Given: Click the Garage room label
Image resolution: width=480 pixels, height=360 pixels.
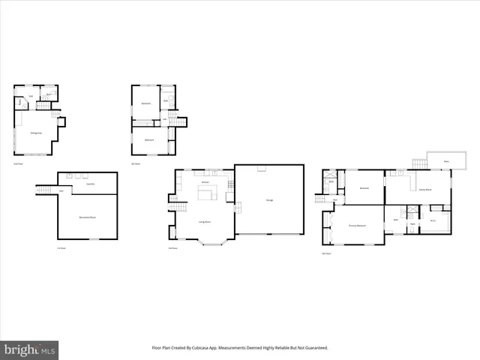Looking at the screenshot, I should tap(268, 199).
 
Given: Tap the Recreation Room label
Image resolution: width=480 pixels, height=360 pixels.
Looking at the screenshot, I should tap(88, 217).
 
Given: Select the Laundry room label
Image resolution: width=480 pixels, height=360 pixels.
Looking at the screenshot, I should tap(90, 184).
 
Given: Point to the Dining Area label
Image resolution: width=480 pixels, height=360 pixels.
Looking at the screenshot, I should tap(34, 133).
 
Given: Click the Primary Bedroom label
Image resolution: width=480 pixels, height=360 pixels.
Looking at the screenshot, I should tap(357, 225).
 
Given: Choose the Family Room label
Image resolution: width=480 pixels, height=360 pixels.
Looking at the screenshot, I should tap(422, 187).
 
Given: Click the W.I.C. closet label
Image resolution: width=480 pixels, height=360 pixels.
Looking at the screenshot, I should tap(433, 220).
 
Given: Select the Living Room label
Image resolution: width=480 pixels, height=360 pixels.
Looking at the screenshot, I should tap(204, 222).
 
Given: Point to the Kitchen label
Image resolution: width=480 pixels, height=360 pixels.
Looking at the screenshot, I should tap(205, 182).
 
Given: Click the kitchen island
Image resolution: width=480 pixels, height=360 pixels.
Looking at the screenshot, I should tap(207, 193).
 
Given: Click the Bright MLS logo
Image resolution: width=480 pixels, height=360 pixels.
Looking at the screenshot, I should tap(29, 349).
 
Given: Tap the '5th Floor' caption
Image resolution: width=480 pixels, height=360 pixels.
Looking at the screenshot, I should tap(326, 253).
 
